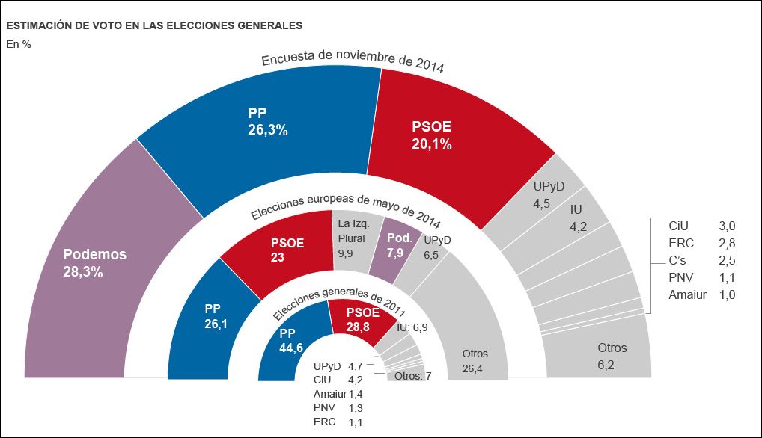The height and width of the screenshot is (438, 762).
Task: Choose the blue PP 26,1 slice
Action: [210, 314]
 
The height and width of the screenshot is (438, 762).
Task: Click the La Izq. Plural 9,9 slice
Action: [353, 238]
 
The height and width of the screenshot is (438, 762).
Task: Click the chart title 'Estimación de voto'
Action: [154, 25]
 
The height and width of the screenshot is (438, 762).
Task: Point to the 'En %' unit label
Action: [19, 44]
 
